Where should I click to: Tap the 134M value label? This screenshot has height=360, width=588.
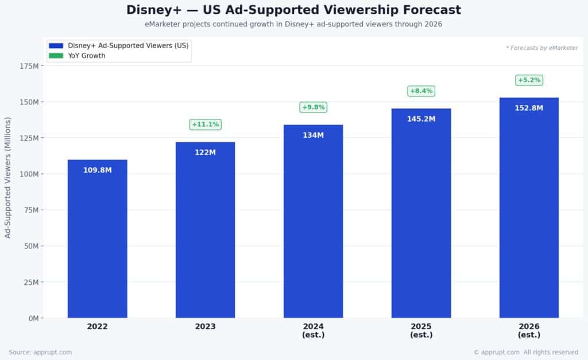coord(313,135)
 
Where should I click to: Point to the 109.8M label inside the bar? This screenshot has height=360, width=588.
coord(97,170)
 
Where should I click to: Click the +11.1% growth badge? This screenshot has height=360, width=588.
coord(205,124)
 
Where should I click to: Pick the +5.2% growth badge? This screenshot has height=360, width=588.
coord(529,80)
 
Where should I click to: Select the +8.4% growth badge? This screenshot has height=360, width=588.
coord(421,91)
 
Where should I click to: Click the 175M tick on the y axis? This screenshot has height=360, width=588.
coord(29,66)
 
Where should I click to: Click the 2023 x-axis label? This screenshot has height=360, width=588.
coord(205,327)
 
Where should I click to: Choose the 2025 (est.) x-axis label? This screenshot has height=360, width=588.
coord(421,330)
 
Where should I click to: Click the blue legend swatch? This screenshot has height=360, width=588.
coord(56,46)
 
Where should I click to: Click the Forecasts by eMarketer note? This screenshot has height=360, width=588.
coord(542,48)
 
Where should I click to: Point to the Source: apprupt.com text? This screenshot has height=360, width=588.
coord(40,352)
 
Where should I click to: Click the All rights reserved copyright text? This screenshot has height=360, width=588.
coord(551,352)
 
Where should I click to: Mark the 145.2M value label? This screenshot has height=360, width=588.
coord(421,119)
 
